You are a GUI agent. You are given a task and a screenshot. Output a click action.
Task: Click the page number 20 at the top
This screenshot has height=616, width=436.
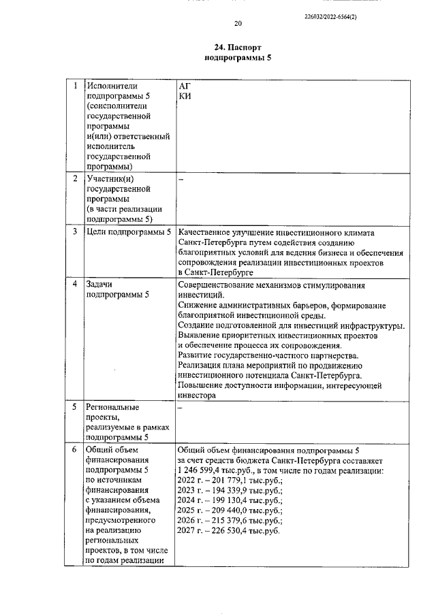(238, 24)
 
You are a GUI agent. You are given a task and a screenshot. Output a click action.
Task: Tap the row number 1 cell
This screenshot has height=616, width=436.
(74, 86)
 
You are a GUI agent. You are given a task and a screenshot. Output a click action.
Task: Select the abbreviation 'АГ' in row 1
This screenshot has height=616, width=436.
(184, 86)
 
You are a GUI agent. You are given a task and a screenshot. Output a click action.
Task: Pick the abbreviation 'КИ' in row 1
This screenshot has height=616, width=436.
(184, 97)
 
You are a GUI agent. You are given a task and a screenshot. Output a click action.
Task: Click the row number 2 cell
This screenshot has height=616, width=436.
(74, 178)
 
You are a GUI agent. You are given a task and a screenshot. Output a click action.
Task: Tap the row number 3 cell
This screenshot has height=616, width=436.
(74, 232)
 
